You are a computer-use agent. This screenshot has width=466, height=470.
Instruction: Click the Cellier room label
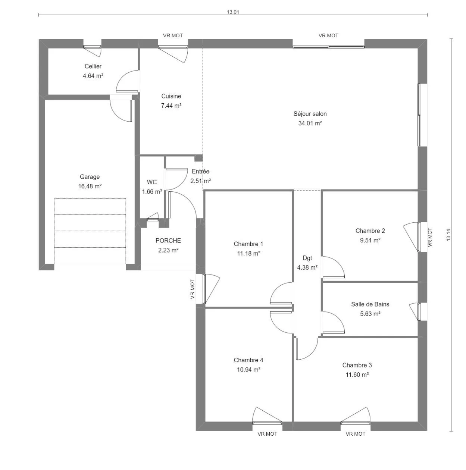coord(93,66)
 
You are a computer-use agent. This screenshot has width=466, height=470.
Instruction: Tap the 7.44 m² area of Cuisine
coord(171,106)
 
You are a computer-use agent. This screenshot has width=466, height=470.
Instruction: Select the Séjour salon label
coord(310,114)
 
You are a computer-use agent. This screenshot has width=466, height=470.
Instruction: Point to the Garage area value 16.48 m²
coord(90,187)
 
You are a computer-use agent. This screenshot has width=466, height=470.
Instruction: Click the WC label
coord(152,182)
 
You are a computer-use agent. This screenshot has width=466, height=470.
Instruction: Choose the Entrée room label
coord(200,171)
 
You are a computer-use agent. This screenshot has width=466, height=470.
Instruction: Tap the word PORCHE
coord(168,241)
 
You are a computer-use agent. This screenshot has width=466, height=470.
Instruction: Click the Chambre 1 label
coord(248,244)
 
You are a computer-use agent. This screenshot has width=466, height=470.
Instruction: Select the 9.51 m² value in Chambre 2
coord(370,240)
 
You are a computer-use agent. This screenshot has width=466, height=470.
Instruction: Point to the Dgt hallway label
coord(307,258)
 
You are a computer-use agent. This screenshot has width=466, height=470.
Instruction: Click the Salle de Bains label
coord(370,304)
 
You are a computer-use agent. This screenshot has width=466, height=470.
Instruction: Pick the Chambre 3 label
coord(357,365)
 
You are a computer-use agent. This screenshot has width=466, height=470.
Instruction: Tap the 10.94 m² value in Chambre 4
coord(248,370)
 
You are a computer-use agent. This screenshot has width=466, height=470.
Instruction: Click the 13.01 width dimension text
coord(233,12)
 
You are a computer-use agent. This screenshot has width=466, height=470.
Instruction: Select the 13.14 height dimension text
coord(448,235)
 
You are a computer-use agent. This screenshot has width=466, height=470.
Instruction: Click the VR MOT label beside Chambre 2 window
coord(430,237)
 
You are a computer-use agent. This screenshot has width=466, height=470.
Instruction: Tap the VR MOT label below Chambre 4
coord(267,434)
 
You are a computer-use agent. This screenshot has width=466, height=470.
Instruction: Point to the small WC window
coord(153,220)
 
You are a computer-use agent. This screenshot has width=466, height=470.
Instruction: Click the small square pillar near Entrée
coord(198,158)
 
